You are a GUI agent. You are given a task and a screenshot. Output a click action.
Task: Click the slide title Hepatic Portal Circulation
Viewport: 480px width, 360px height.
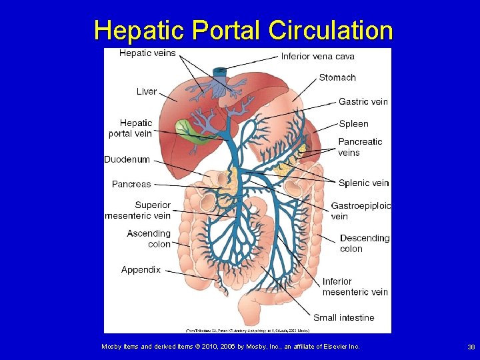click(243, 30)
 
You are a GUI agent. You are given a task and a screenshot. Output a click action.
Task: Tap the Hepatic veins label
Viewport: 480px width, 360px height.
click(147, 53)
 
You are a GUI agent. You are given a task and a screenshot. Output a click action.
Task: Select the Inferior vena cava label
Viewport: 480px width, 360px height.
click(317, 56)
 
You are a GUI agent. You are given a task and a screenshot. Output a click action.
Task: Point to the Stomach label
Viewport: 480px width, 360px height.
click(337, 77)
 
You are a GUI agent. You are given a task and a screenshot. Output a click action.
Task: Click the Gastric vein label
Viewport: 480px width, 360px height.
click(363, 101)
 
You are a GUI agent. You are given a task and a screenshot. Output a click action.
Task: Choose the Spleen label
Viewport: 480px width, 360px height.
click(353, 123)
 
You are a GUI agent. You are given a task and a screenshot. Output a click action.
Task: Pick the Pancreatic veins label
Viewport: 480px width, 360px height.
click(360, 147)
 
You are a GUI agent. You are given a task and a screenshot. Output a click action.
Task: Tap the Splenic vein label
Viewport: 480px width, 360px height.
click(363, 183)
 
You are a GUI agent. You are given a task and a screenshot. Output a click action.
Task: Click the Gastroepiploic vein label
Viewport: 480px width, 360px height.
click(361, 211)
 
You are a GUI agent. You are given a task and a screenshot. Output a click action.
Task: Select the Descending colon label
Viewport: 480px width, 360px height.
click(364, 243)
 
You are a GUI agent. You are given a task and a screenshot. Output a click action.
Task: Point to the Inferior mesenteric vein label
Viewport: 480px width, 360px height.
click(355, 287)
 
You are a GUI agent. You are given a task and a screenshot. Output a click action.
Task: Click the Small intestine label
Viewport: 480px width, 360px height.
click(343, 317)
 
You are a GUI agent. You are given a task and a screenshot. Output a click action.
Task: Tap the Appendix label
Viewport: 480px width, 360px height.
click(141, 270)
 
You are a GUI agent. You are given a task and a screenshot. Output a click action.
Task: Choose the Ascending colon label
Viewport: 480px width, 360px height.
click(149, 239)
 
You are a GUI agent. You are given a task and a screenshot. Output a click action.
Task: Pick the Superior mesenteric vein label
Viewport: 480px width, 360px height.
click(138, 210)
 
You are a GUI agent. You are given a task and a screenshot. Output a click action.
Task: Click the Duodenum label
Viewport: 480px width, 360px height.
click(127, 159)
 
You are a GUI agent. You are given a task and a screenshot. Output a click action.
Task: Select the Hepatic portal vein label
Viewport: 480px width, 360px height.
click(131, 128)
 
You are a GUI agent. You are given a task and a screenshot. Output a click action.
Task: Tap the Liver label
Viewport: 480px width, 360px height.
click(147, 91)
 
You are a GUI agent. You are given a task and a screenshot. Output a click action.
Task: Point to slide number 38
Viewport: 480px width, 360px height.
click(471, 347)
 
